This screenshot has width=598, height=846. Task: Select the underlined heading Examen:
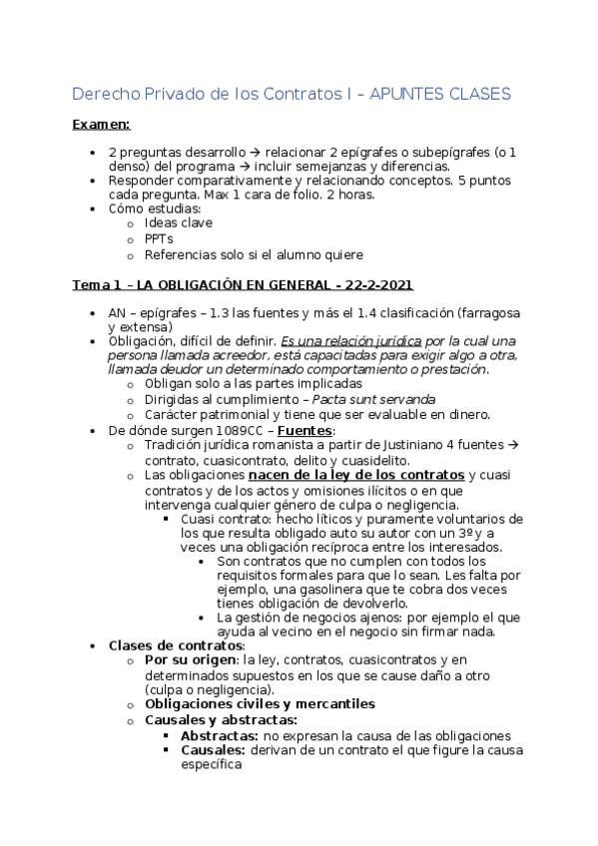pos(101,125)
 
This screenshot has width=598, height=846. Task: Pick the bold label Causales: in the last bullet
pos(213,749)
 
